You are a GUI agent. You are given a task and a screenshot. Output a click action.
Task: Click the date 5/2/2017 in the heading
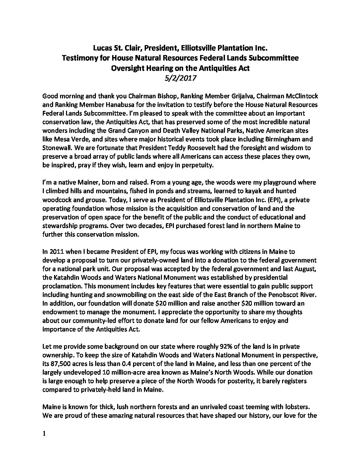(x=180, y=79)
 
